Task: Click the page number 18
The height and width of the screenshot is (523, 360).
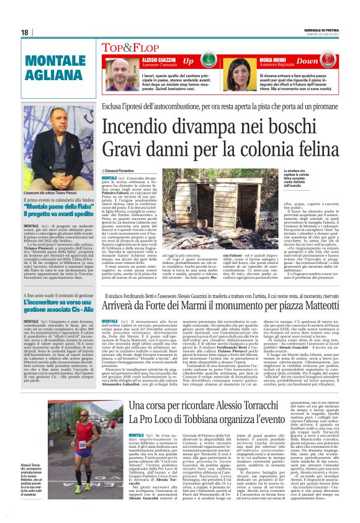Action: click(24, 32)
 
